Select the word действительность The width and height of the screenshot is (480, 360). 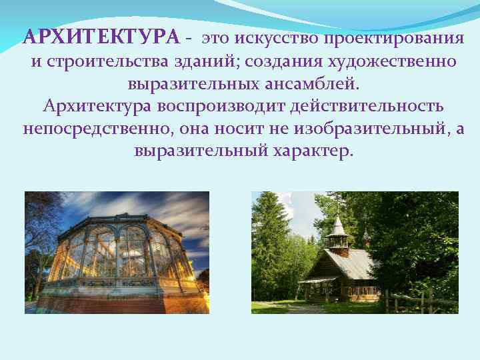(363, 106)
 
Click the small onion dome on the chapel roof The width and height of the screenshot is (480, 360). (365, 235)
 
